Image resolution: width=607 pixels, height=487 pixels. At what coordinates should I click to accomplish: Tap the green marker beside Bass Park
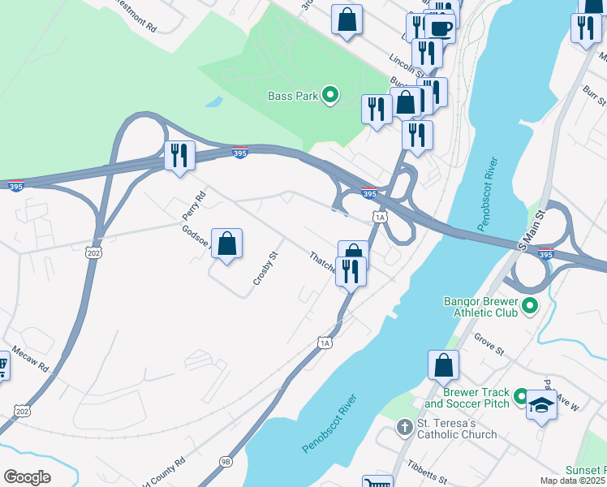(x=330, y=97)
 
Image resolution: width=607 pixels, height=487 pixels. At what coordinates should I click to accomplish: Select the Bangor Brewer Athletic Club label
(x=480, y=306)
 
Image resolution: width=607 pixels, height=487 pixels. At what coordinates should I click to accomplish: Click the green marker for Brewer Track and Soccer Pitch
(x=523, y=397)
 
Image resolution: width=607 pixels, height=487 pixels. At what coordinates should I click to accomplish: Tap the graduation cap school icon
(x=541, y=404)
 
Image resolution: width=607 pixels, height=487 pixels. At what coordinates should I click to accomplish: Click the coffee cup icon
(x=440, y=27)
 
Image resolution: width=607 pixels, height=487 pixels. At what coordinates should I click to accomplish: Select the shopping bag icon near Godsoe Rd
(x=228, y=243)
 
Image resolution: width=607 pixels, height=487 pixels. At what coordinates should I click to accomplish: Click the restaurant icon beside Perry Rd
(x=179, y=154)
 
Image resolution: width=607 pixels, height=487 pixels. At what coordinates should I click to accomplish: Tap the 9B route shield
(x=226, y=461)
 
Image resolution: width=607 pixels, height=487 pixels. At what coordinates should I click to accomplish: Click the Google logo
(x=28, y=476)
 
